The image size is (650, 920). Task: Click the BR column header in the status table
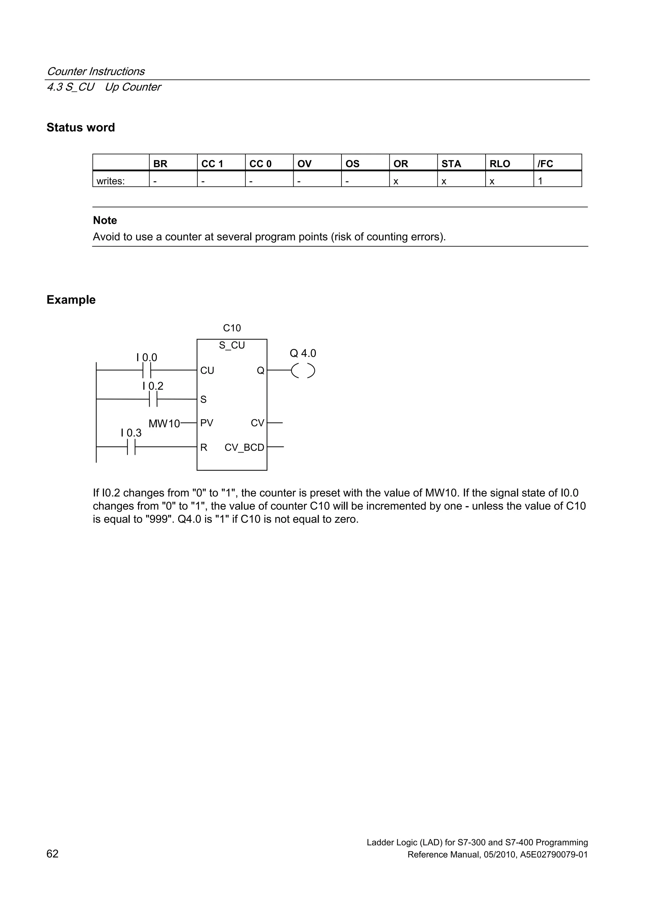click(x=160, y=164)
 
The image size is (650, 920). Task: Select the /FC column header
click(x=545, y=164)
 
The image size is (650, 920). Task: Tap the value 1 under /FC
click(x=540, y=181)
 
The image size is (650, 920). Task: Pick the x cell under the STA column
click(x=444, y=182)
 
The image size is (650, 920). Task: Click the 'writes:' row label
click(x=110, y=181)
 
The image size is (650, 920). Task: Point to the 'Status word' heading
click(x=81, y=127)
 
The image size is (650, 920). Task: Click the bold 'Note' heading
click(x=105, y=220)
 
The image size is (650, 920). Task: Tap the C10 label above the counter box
click(x=232, y=328)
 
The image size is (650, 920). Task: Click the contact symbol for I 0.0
click(x=147, y=371)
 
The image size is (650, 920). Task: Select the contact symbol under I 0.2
click(x=153, y=399)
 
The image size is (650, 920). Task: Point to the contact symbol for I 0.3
click(x=131, y=447)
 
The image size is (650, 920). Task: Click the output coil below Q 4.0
click(x=303, y=371)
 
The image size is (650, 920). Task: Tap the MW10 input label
click(x=164, y=424)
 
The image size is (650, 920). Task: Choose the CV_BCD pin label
click(x=244, y=447)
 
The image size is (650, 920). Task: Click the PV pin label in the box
click(x=207, y=423)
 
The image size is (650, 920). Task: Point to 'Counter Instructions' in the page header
click(x=96, y=71)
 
